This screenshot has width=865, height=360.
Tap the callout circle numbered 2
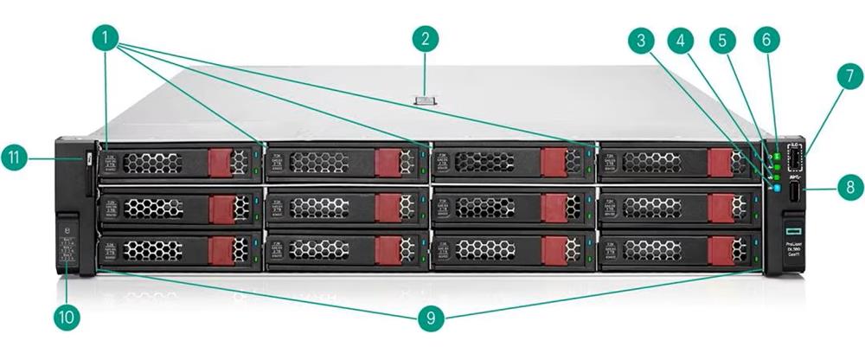pos(425,38)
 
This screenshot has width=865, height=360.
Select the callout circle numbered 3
pos(641,40)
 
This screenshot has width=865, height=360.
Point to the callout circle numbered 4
pos(683,40)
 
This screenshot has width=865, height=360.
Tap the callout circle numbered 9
pos(430,318)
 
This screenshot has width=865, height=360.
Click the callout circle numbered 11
pos(23,158)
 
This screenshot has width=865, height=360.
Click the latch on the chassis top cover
pos(426,102)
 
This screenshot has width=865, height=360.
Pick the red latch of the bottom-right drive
pos(720,251)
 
